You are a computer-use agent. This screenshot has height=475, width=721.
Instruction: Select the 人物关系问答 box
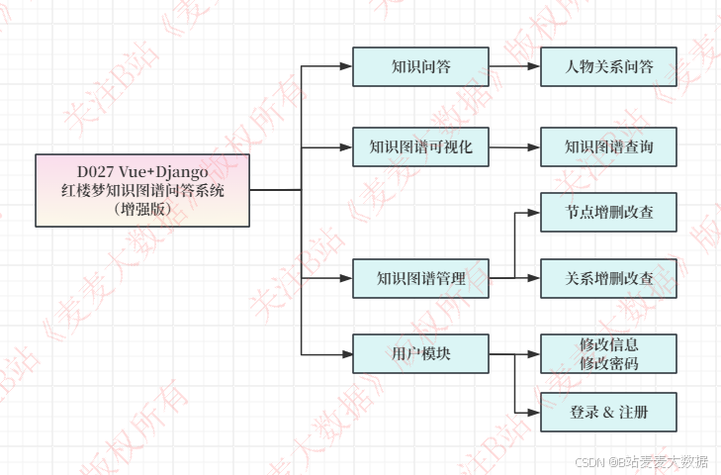pyautogui.click(x=608, y=66)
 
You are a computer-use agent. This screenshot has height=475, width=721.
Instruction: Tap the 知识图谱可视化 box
pyautogui.click(x=420, y=147)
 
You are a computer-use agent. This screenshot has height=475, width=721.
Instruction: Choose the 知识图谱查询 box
pyautogui.click(x=608, y=147)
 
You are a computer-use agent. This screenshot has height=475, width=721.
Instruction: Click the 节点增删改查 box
pyautogui.click(x=608, y=212)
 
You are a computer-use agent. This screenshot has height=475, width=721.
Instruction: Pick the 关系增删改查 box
pyautogui.click(x=608, y=278)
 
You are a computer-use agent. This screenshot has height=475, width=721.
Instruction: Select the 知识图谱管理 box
pyautogui.click(x=420, y=278)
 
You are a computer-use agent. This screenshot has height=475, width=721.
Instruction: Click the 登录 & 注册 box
pyautogui.click(x=608, y=412)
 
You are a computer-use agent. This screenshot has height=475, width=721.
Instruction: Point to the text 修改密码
pyautogui.click(x=608, y=363)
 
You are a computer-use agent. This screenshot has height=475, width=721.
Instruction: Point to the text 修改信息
pyautogui.click(x=608, y=345)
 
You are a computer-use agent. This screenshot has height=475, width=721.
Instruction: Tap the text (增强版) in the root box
pyautogui.click(x=142, y=209)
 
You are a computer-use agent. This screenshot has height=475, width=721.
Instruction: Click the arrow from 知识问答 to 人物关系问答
pyautogui.click(x=514, y=66)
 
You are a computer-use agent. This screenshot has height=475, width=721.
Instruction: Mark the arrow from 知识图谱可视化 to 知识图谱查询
pyautogui.click(x=514, y=147)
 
